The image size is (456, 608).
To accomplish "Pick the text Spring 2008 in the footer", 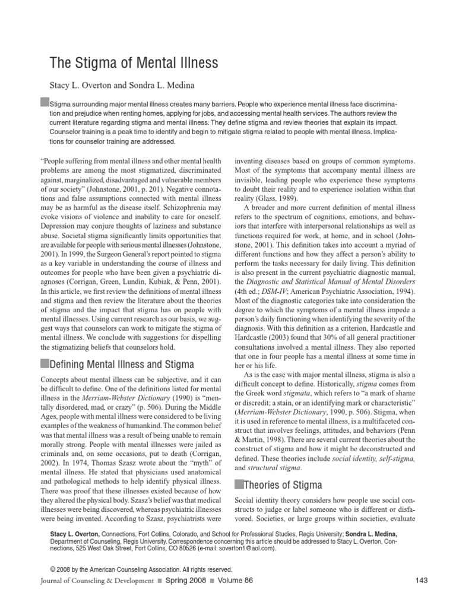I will click(186, 581).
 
